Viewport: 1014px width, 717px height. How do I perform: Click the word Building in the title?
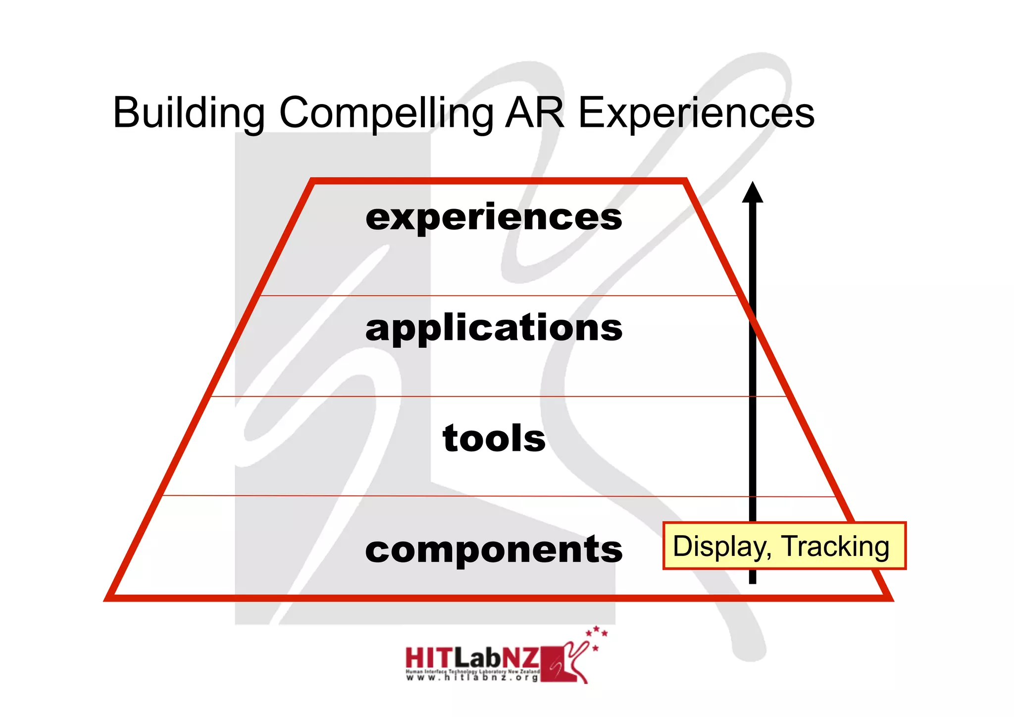pyautogui.click(x=189, y=113)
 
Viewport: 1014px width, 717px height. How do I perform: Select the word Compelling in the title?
pyautogui.click(x=386, y=113)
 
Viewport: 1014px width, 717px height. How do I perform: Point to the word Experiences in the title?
pyautogui.click(x=696, y=113)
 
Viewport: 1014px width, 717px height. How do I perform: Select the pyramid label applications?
pyautogui.click(x=494, y=328)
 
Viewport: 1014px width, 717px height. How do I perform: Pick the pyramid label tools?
pyautogui.click(x=494, y=439)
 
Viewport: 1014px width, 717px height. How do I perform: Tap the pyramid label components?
pyautogui.click(x=494, y=550)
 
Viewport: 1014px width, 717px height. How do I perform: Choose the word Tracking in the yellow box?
pyautogui.click(x=836, y=546)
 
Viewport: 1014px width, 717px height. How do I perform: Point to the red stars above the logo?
pyautogui.click(x=596, y=634)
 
